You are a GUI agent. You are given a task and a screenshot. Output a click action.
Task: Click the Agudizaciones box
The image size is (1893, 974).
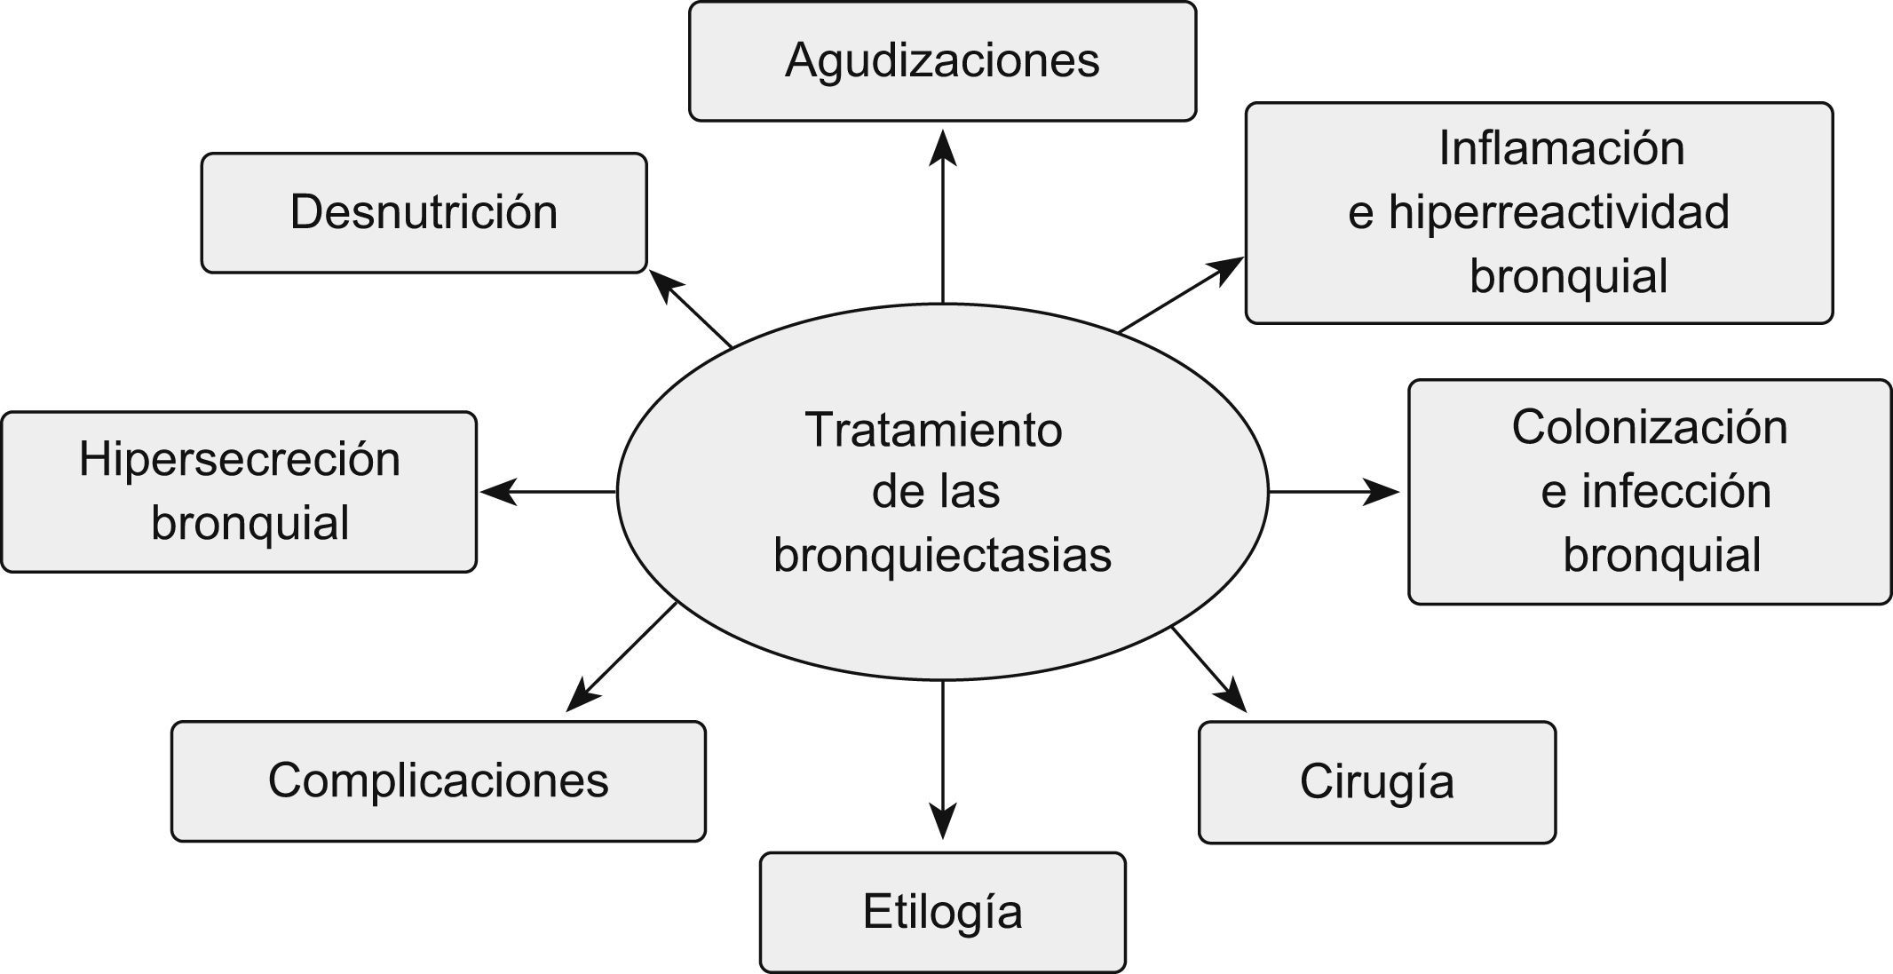[942, 61]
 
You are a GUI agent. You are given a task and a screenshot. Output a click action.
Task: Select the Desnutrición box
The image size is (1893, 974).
[424, 213]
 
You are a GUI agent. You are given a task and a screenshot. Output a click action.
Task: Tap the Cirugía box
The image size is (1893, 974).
[1376, 782]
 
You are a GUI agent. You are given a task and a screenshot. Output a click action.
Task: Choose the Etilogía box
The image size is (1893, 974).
[942, 913]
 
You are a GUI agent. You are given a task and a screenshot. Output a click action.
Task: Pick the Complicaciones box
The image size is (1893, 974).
[438, 781]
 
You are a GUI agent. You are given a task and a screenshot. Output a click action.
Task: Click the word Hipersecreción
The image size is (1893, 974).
[240, 460]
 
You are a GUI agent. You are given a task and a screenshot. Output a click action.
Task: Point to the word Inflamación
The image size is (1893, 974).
[1561, 148]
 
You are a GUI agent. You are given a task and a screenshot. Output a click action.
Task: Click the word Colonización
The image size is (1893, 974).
[1649, 427]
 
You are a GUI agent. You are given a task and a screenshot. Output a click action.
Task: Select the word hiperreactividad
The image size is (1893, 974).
[1558, 212]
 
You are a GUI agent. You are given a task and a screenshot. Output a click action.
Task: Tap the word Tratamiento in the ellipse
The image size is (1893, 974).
[933, 430]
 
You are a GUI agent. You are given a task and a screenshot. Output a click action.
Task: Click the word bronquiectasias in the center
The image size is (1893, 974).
[942, 556]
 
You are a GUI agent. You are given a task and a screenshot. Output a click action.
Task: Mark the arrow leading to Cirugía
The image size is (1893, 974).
[1208, 669]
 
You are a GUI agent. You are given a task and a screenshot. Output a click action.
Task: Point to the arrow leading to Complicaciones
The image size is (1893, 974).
[622, 657]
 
